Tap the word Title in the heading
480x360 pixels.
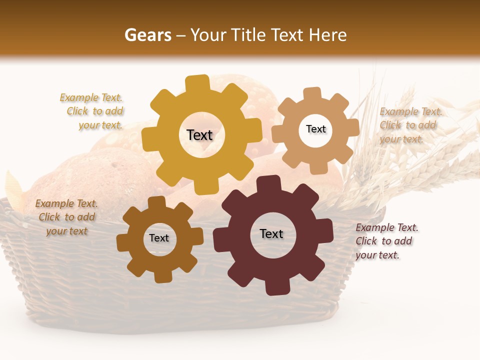pyautogui.click(x=247, y=35)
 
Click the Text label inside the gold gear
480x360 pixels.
pyautogui.click(x=199, y=135)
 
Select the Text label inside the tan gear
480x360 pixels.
pyautogui.click(x=315, y=129)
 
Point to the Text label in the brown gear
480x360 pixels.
pyautogui.click(x=159, y=238)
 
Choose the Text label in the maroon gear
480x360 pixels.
pyautogui.click(x=271, y=233)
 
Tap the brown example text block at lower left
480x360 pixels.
pyautogui.click(x=66, y=217)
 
